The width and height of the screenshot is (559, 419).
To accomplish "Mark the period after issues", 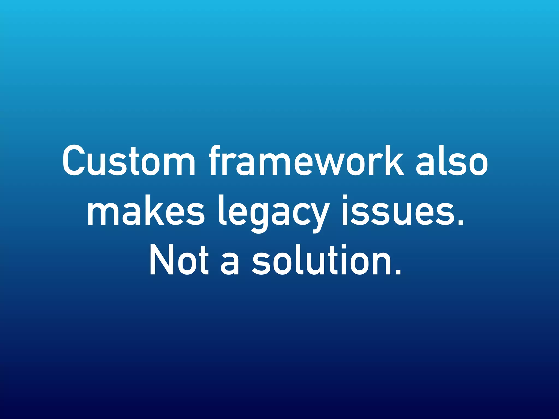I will point(460,222).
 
